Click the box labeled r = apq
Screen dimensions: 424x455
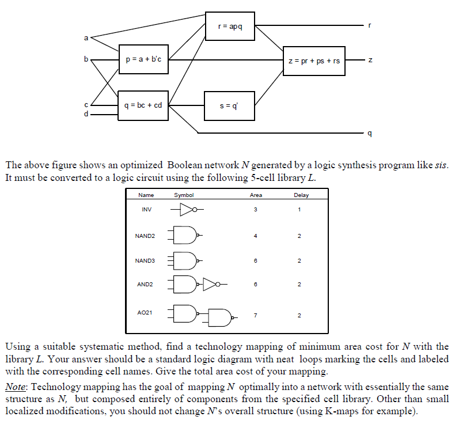tap(230, 26)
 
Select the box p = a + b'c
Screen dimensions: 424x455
tap(143, 59)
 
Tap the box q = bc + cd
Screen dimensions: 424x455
tap(143, 105)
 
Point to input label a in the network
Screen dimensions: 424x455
tap(86, 37)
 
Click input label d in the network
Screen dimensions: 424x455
tap(86, 113)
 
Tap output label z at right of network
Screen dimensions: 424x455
tap(370, 60)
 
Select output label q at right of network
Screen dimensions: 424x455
tap(370, 134)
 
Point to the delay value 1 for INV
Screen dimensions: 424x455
tap(300, 209)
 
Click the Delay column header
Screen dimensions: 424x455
tap(301, 195)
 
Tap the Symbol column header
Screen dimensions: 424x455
tap(184, 195)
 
